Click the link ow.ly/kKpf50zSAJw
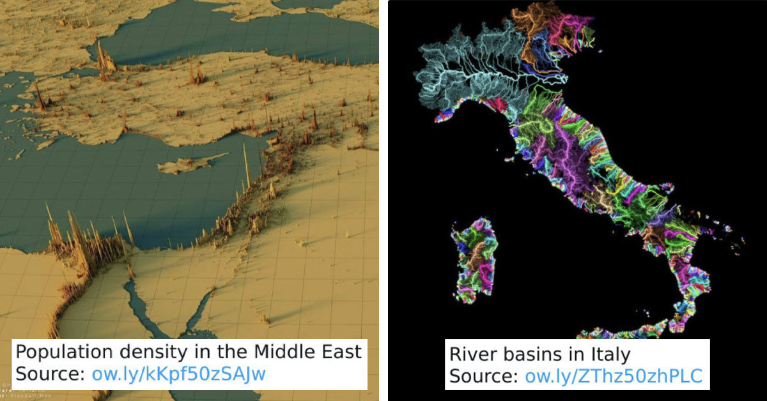[179, 374]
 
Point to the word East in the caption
[342, 352]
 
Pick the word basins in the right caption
[536, 354]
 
